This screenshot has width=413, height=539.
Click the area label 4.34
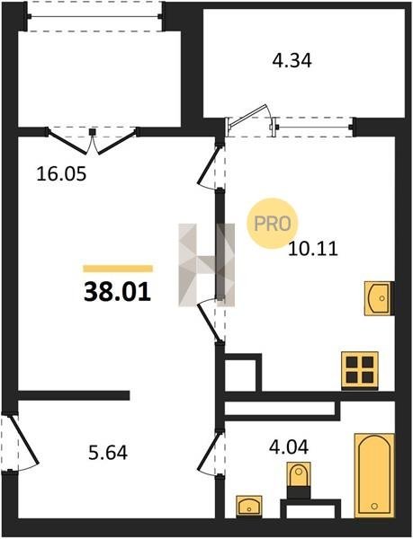tap(292, 61)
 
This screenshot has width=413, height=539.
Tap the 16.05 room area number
tap(61, 174)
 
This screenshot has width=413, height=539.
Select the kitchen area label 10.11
tap(313, 249)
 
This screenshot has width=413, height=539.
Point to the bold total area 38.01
tap(117, 291)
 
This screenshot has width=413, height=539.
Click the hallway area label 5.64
tap(108, 453)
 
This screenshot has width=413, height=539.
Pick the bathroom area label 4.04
tap(289, 447)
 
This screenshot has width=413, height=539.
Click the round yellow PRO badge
tap(273, 224)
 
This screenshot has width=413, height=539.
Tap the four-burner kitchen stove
tap(360, 370)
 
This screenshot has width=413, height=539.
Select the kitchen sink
tap(379, 298)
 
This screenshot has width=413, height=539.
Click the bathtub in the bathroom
tap(374, 475)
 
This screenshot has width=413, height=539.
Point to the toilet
tap(299, 481)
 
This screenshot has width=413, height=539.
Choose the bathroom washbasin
tap(249, 506)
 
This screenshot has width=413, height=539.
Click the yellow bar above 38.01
tap(118, 269)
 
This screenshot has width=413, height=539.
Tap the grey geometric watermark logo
tap(207, 265)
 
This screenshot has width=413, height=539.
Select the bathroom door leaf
tap(209, 451)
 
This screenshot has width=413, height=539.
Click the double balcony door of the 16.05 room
tap(93, 142)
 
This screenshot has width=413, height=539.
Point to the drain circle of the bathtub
tap(374, 506)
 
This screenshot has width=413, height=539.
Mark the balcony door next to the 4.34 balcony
tap(248, 116)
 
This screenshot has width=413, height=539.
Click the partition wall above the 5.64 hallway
tap(74, 395)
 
